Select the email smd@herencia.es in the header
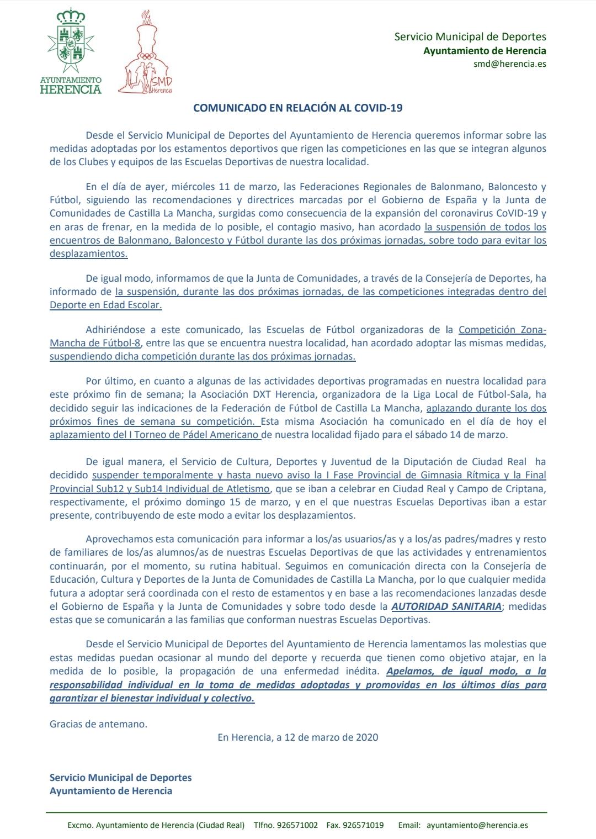coord(509,64)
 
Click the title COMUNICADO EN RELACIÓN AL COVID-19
coord(297,108)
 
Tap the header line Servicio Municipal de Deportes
coord(470,37)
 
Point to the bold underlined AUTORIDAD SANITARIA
coord(446,606)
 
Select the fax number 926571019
coord(363,826)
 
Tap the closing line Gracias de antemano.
coord(98,724)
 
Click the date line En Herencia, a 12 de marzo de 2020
coord(297,737)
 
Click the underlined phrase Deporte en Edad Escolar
coord(105,305)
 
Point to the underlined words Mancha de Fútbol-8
coord(95,344)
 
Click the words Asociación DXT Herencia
coord(264,395)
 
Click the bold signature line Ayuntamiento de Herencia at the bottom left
coord(110,791)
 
